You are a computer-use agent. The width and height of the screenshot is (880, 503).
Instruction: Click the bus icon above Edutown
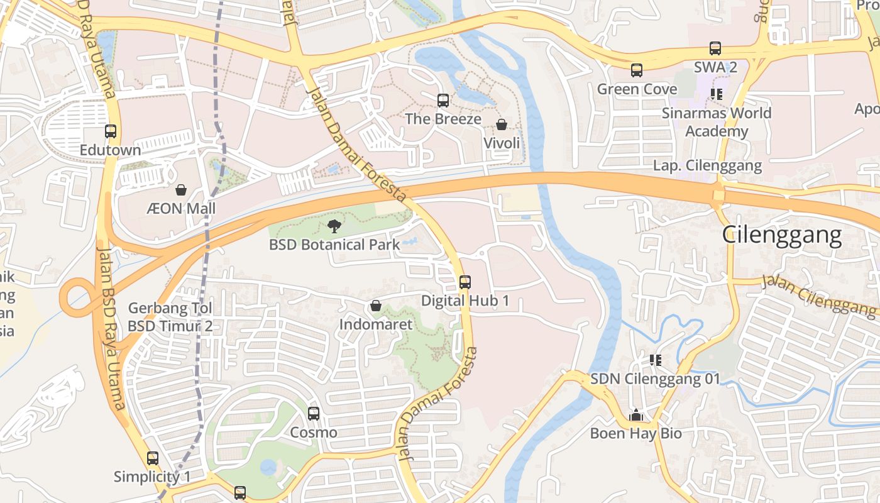[111, 131]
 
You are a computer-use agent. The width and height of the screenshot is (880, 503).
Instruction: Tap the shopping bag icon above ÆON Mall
[181, 189]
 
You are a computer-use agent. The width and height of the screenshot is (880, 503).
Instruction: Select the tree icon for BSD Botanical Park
[334, 226]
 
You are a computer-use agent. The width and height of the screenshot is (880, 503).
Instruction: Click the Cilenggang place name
[781, 235]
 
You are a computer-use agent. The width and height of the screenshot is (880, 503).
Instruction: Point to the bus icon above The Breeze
[443, 100]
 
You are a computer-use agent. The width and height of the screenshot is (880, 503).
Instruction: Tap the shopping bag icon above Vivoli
[502, 124]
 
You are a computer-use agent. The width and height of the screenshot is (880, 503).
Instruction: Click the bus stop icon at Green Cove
[637, 70]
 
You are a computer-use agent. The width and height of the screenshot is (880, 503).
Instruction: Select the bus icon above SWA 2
[715, 48]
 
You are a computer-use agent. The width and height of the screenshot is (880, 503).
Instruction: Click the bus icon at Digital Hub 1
[465, 282]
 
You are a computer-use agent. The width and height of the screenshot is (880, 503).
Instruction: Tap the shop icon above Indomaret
[376, 306]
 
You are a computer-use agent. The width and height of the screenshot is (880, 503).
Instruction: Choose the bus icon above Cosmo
[314, 413]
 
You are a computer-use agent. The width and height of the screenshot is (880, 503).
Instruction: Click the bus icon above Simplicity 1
[153, 458]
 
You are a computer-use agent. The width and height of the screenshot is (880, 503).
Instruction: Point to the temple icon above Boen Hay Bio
[636, 415]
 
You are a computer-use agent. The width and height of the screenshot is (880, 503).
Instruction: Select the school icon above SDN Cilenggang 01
[656, 360]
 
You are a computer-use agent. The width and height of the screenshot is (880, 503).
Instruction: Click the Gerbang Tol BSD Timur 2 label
[170, 317]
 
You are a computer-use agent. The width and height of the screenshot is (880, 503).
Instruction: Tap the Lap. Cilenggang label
[707, 166]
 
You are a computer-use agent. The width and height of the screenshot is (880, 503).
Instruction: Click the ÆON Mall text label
[181, 208]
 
